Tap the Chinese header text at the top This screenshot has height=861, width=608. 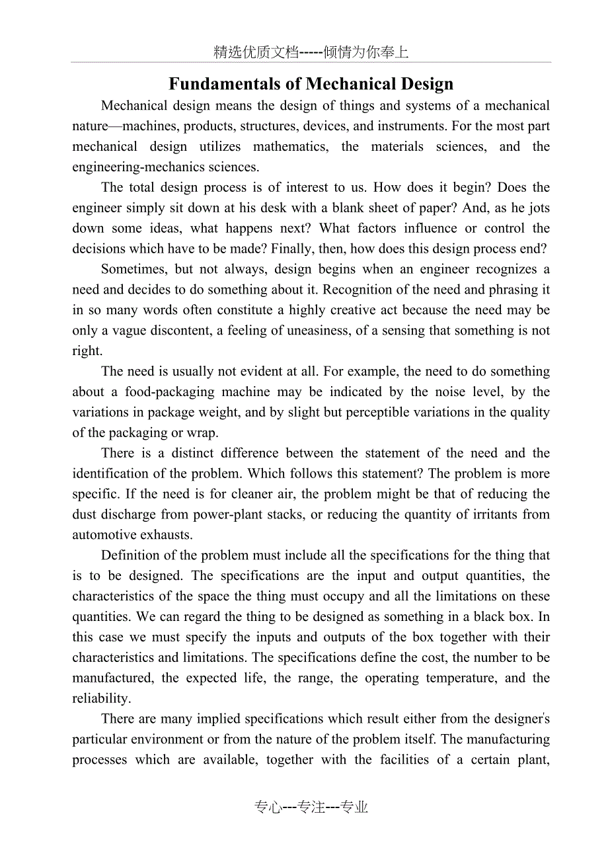311,53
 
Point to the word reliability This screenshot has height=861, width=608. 100,698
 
